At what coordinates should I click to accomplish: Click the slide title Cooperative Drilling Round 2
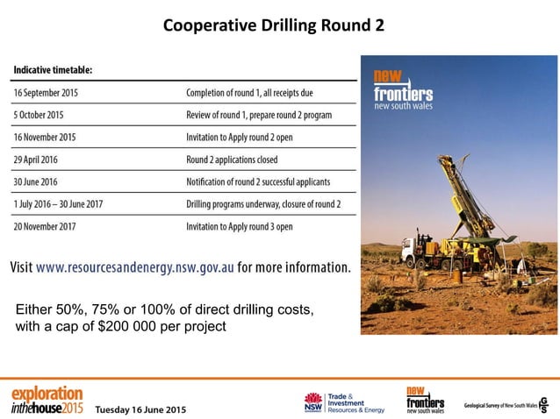click(x=274, y=25)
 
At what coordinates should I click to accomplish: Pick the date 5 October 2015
click(x=39, y=115)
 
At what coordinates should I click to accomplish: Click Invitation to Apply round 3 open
click(x=240, y=226)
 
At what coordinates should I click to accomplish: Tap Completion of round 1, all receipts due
click(x=250, y=92)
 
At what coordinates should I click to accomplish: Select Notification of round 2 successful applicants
click(x=258, y=181)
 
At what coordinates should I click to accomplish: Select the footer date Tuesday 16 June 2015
click(x=140, y=409)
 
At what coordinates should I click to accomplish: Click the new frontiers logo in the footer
click(x=425, y=399)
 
